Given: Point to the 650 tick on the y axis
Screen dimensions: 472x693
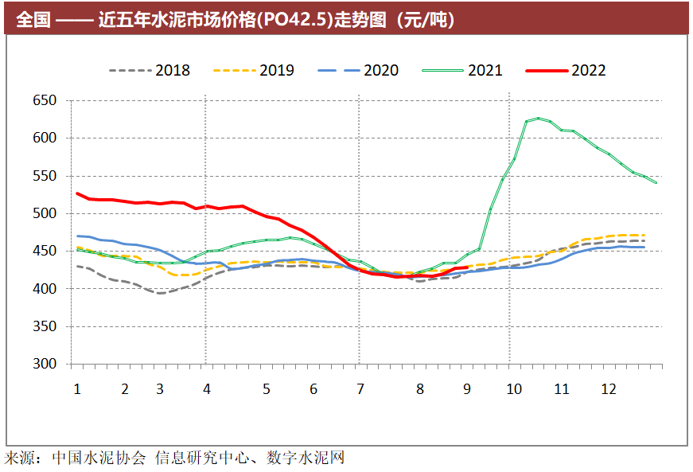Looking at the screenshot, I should pos(45,100).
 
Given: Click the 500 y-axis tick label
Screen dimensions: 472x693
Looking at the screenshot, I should pos(45,213).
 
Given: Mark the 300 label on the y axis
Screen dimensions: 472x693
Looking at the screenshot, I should pos(45,364).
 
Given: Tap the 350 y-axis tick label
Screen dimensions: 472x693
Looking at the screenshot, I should pos(45,326).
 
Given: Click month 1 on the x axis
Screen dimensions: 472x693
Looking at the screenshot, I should pos(77,389).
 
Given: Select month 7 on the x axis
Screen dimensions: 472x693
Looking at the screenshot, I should pos(360,389).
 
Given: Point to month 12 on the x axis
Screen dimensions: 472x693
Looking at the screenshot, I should pos(609,389).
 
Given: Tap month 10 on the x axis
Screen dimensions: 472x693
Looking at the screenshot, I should pos(514,389).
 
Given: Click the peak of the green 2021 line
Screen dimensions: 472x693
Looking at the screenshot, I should pos(539,118).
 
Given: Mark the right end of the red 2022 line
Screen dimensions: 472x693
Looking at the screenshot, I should pos(466,267).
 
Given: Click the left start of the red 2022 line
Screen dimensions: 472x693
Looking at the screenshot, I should pos(77,193).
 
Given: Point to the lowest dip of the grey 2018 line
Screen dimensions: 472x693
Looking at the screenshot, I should pos(160,293).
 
